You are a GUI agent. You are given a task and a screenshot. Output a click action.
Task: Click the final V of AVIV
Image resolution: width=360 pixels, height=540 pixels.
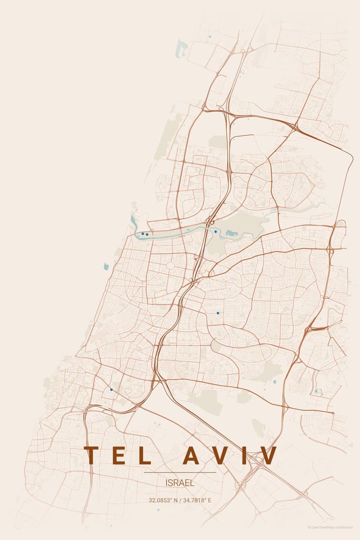268,455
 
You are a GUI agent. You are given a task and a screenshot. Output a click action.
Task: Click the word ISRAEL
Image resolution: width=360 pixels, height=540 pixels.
180,483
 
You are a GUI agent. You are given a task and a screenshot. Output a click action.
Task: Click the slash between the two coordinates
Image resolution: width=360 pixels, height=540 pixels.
180,500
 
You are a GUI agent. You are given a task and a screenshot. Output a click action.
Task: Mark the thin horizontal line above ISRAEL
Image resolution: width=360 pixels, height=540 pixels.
180,472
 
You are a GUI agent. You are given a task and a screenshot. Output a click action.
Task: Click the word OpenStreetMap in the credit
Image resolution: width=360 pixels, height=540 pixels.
323,527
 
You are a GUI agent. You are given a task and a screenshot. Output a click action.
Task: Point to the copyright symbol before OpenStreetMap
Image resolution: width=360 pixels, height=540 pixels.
309,527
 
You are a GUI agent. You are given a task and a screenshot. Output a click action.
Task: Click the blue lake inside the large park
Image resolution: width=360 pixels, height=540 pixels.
231,233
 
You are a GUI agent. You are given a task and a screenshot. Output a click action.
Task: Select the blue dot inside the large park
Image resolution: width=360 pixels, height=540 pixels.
216,232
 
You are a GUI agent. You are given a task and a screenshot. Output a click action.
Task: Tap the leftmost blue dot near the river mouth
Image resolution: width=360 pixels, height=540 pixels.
143,234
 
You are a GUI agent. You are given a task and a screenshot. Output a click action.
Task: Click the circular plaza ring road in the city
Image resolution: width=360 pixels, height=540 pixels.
171,265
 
